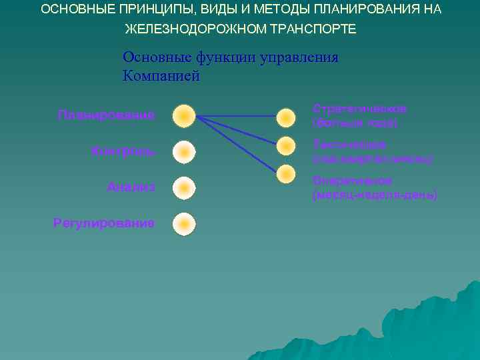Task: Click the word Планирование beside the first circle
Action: (x=105, y=115)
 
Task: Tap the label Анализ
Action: (x=131, y=187)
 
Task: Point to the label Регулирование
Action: (x=103, y=223)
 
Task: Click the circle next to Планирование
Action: (x=184, y=116)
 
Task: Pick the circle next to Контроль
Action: (x=184, y=152)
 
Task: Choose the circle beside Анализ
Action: (x=184, y=188)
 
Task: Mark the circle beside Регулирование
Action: (x=184, y=224)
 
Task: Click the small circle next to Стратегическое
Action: (x=286, y=117)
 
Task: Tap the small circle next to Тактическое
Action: (x=286, y=145)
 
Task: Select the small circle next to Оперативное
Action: (x=286, y=174)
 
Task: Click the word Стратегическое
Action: (x=359, y=108)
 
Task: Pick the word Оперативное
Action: (x=352, y=181)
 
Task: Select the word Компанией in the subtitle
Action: (x=161, y=75)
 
